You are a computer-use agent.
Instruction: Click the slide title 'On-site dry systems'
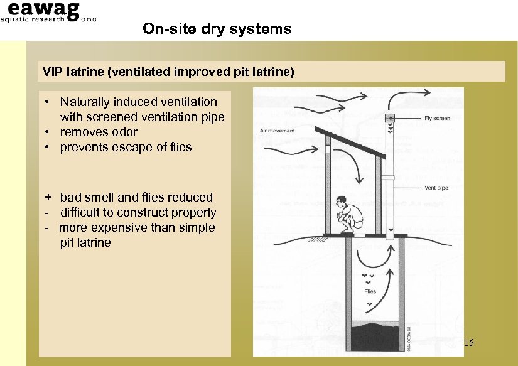tap(217, 28)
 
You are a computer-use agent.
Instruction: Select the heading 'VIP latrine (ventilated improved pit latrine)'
tap(168, 72)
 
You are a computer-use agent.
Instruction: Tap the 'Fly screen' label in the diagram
tap(436, 118)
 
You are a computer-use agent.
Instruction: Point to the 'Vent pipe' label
tap(436, 187)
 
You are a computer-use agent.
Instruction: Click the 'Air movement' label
tap(276, 131)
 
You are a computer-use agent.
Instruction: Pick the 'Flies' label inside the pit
tap(370, 291)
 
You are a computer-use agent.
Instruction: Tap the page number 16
tap(468, 343)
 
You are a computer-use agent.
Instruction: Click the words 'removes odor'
tap(99, 132)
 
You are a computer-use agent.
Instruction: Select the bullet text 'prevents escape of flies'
tap(126, 147)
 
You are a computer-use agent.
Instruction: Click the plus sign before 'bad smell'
tap(46, 197)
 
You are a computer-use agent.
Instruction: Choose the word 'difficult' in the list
tap(84, 212)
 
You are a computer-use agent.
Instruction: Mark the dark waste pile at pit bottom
tap(377, 333)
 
